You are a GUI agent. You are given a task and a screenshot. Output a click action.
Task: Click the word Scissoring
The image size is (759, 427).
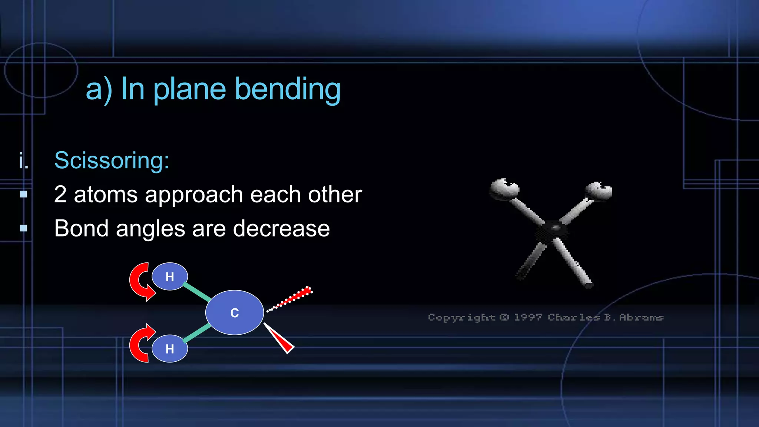[111, 160]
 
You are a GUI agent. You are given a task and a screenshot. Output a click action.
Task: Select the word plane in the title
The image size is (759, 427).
[189, 89]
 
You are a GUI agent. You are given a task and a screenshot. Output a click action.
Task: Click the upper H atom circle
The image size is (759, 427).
[170, 277]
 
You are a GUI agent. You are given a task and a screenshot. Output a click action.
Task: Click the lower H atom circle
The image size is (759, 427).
[170, 348]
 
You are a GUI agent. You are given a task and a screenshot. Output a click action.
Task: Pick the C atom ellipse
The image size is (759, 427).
[235, 312]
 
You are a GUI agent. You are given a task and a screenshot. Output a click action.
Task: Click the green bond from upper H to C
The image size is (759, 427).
[197, 292]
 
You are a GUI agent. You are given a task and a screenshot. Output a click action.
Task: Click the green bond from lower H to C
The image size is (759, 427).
[197, 332]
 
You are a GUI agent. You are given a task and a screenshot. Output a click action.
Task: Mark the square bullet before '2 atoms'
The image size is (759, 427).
[24, 194]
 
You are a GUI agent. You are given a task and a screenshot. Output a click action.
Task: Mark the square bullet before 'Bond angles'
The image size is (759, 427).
[24, 228]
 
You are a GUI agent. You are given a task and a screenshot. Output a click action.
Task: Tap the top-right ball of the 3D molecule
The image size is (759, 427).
[598, 191]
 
